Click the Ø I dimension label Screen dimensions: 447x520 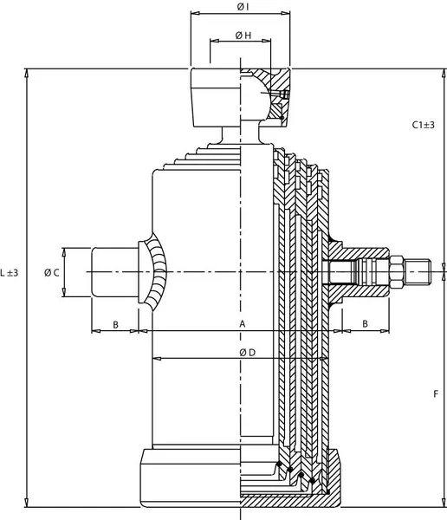[243, 6]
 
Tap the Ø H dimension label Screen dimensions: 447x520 [243, 36]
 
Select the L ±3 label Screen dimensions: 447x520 [10, 273]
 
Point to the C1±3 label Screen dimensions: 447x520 [423, 125]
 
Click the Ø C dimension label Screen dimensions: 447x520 [52, 273]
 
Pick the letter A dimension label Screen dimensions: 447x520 [243, 323]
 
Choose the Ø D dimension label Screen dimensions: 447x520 [248, 353]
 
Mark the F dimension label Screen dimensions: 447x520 [436, 394]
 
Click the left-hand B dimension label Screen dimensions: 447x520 [115, 325]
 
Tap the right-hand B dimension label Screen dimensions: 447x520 [365, 323]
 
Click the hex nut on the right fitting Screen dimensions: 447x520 [397, 272]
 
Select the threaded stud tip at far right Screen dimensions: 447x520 [418, 272]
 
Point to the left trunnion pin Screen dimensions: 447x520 [114, 272]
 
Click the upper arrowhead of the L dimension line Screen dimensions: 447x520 [26, 74]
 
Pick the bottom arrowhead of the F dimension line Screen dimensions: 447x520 [444, 503]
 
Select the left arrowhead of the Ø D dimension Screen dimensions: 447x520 [157, 359]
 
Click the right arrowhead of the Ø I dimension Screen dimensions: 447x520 [285, 13]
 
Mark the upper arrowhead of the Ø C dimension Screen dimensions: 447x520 [64, 252]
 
